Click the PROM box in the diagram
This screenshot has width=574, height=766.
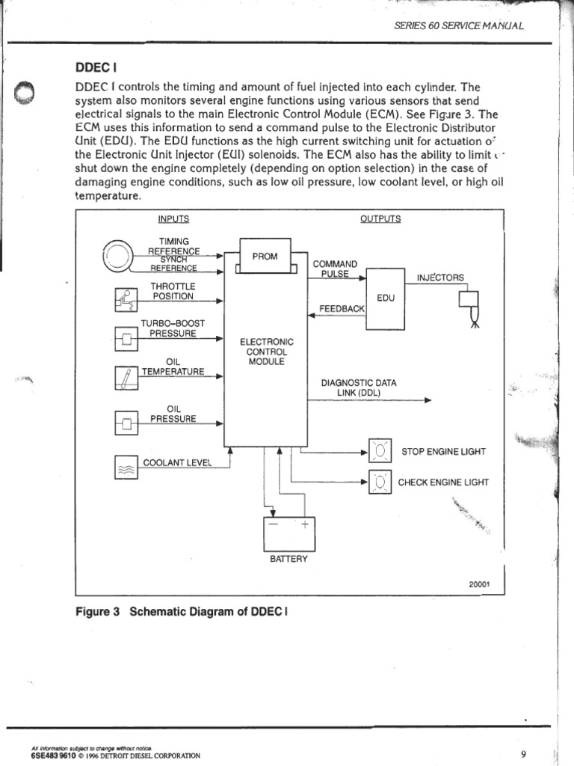pyautogui.click(x=265, y=257)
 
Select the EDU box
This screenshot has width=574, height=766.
pyautogui.click(x=386, y=298)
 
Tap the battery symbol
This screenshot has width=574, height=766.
pyautogui.click(x=288, y=533)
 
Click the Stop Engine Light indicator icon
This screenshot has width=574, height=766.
pyautogui.click(x=380, y=452)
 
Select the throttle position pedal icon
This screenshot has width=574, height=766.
pyautogui.click(x=123, y=299)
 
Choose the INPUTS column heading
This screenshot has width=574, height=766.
pyautogui.click(x=173, y=218)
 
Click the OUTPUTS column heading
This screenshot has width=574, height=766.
pyautogui.click(x=380, y=218)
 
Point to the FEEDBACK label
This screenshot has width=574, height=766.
pyautogui.click(x=342, y=308)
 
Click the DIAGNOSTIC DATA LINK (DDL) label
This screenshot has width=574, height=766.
pyautogui.click(x=359, y=387)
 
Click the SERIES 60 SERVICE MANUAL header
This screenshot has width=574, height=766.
pyautogui.click(x=458, y=25)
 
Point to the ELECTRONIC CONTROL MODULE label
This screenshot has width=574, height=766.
pyautogui.click(x=267, y=351)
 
